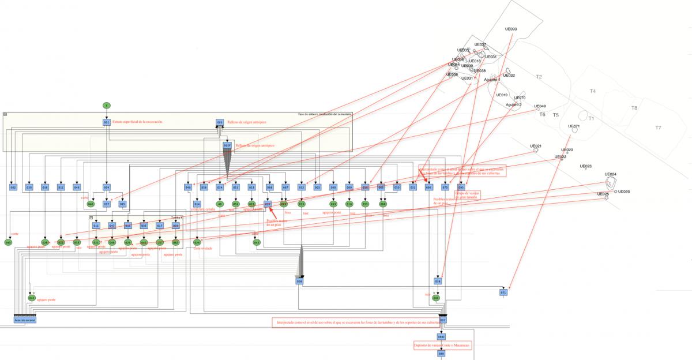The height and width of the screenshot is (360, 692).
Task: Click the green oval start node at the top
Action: tap(106, 105)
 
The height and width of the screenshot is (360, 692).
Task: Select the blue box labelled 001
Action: tap(107, 122)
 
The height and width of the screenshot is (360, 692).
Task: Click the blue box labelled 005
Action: tap(220, 122)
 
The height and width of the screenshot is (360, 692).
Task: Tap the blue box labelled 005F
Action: tap(227, 145)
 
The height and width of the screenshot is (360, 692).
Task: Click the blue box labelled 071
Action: tap(503, 292)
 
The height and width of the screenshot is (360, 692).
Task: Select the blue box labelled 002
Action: tap(13, 187)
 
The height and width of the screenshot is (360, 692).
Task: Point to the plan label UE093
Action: tap(510, 29)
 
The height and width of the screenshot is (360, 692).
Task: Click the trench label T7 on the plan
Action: tap(659, 127)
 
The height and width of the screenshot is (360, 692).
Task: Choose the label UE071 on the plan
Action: tap(574, 126)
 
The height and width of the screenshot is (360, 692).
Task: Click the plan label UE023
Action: tap(585, 166)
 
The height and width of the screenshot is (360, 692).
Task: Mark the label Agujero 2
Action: tap(513, 104)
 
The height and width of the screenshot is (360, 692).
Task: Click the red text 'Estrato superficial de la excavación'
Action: tap(138, 122)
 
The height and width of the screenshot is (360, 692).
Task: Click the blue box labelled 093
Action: tap(461, 187)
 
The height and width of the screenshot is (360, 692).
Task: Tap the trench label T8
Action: tap(634, 108)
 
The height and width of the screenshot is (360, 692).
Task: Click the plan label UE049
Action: tap(540, 106)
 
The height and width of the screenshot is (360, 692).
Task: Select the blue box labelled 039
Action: tap(29, 187)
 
